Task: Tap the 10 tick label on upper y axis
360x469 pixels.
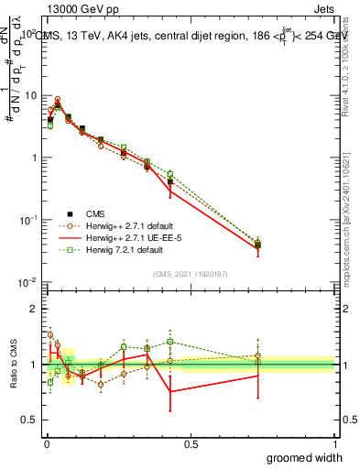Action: tap(31, 95)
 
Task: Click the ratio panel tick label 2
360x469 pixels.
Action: tap(35, 308)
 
